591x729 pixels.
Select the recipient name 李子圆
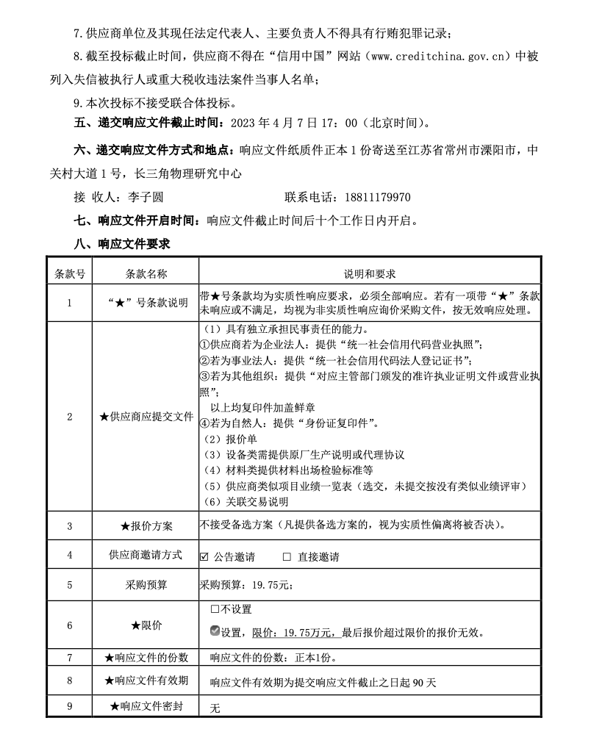[x=146, y=198]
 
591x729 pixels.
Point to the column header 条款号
[x=70, y=274]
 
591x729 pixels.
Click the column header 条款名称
[x=146, y=274]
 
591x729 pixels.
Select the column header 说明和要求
[x=370, y=274]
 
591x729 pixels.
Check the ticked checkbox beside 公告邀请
[x=204, y=557]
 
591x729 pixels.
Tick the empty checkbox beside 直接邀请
[x=287, y=557]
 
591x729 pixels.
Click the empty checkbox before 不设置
[x=214, y=609]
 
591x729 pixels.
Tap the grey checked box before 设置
[x=215, y=631]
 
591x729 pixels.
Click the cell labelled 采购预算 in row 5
[x=146, y=586]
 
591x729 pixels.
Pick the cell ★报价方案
[x=146, y=527]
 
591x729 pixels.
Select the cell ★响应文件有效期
[x=146, y=680]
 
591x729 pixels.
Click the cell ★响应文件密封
[x=146, y=707]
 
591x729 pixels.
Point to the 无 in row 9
[x=215, y=708]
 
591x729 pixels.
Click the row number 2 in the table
[x=70, y=417]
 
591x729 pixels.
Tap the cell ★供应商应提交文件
[x=146, y=417]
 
